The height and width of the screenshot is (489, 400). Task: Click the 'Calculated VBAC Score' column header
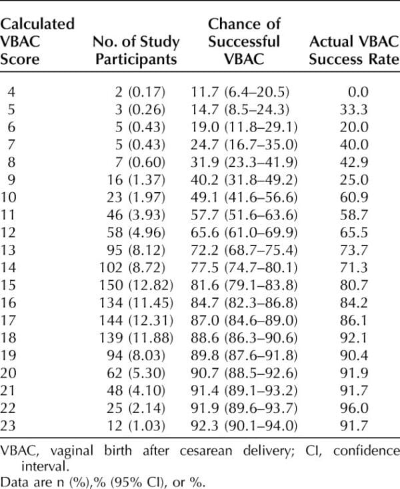[37, 41]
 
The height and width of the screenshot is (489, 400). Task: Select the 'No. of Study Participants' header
[137, 50]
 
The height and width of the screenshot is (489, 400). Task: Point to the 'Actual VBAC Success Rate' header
[354, 50]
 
